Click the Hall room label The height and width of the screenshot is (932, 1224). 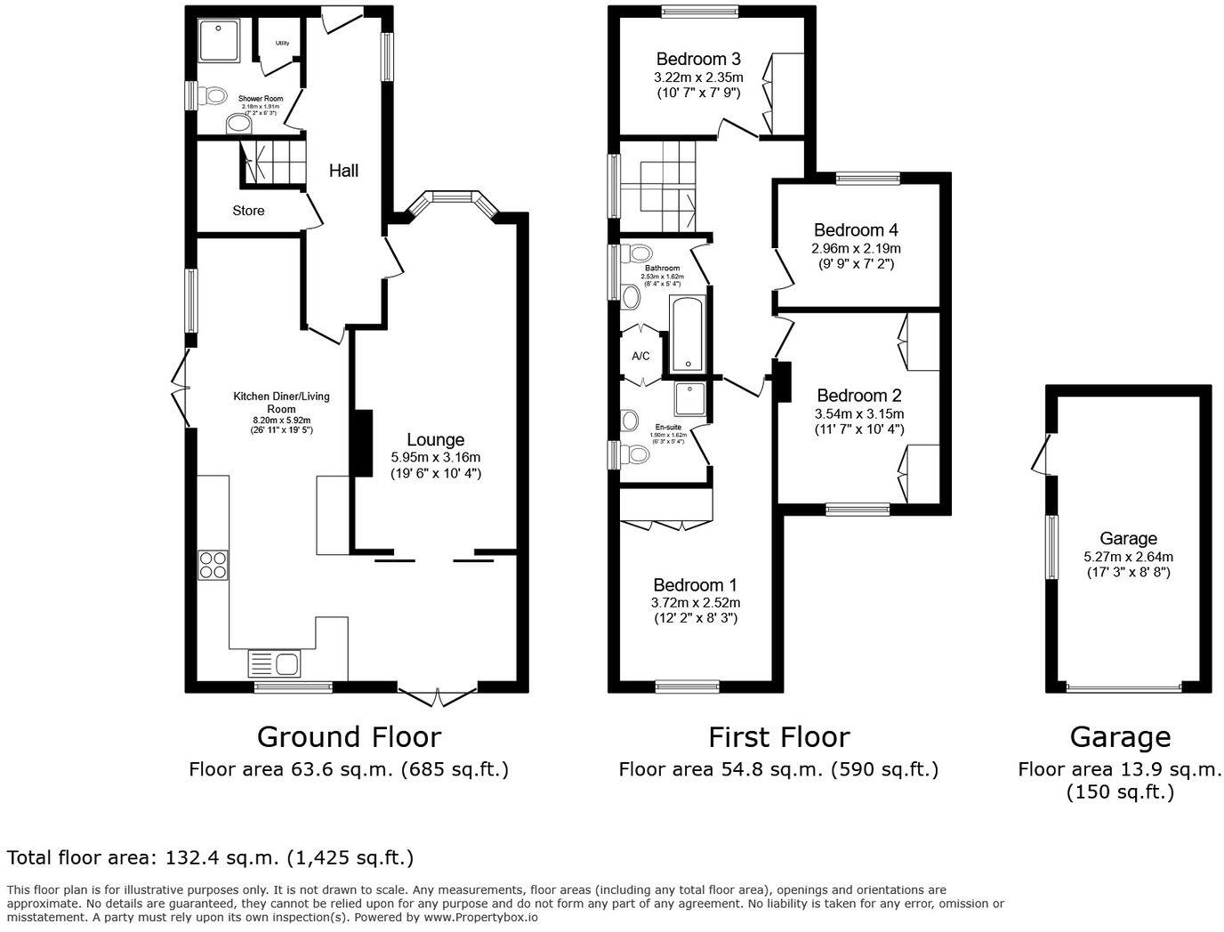coord(343,170)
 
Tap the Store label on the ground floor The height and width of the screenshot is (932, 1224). coord(248,211)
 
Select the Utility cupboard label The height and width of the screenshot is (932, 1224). coord(282,43)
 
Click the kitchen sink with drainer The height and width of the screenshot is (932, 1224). coord(276,663)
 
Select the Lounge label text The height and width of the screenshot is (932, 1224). coord(435,439)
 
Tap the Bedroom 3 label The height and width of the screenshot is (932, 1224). coord(698,59)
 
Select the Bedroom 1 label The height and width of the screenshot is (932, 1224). coord(695,585)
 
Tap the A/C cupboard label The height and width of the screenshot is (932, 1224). coord(640,357)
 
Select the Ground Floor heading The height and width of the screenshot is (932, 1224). coord(349,736)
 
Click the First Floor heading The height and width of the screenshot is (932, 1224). coord(778,736)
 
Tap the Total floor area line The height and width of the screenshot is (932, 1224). coord(210,858)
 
